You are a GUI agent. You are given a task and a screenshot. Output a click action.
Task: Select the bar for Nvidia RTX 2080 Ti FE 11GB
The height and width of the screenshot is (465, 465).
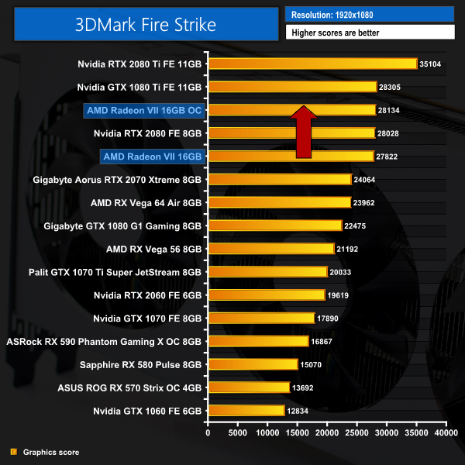click(312, 64)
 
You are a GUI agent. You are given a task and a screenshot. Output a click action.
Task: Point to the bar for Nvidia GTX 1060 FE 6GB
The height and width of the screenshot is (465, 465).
click(246, 411)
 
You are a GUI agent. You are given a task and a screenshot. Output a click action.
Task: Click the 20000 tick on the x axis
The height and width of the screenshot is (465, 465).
click(327, 433)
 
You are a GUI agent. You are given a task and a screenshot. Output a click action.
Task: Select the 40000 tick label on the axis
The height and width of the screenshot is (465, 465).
click(446, 433)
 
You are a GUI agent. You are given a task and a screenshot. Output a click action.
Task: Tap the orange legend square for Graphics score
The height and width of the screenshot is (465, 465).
click(13, 452)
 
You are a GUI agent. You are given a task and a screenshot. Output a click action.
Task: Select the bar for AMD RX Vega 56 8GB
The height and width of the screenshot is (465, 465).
click(270, 249)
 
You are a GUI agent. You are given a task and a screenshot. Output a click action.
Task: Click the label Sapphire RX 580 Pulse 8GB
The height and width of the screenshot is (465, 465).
click(141, 364)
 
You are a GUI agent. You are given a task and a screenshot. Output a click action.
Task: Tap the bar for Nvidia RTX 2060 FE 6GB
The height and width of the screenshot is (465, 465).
click(266, 295)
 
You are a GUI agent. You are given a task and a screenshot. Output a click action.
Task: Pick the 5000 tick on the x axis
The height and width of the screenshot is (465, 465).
click(237, 433)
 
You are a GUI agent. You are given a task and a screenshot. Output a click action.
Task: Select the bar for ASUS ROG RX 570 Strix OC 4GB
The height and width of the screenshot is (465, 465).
click(248, 387)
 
